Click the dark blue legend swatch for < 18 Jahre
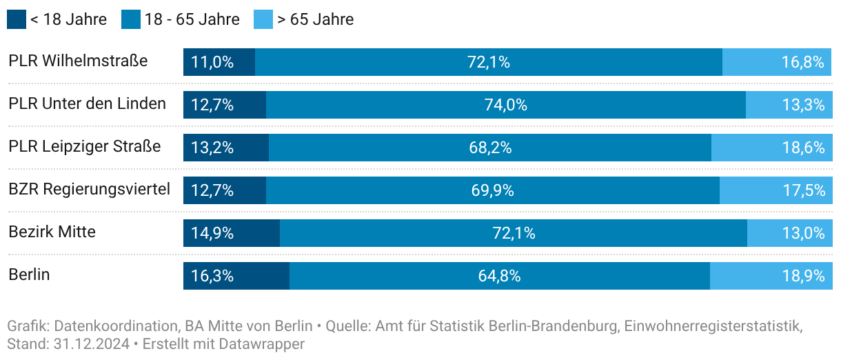point(17,19)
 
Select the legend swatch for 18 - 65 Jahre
point(131,19)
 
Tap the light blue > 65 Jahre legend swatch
point(263,19)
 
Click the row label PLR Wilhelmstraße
point(78,61)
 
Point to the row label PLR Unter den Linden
point(88,104)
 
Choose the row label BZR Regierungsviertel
point(89,189)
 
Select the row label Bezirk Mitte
point(52,232)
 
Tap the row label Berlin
point(29,275)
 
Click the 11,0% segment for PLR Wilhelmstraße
point(219,62)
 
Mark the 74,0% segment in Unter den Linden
point(506,105)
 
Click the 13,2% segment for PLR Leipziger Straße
point(226,148)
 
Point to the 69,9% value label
point(493,190)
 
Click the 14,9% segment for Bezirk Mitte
point(232,233)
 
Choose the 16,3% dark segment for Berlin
point(236,276)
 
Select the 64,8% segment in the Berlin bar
point(500,276)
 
